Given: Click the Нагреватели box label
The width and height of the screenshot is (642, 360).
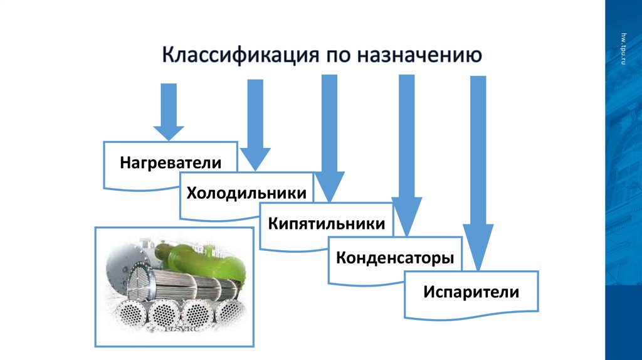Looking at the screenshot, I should point(171,163).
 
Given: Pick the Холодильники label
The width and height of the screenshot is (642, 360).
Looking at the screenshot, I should point(246,193).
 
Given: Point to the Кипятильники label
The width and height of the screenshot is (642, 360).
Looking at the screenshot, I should point(327,223).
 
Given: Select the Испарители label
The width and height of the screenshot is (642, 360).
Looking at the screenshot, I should point(471,292).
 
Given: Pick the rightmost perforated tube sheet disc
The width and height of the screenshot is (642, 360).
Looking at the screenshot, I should point(228,313).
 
